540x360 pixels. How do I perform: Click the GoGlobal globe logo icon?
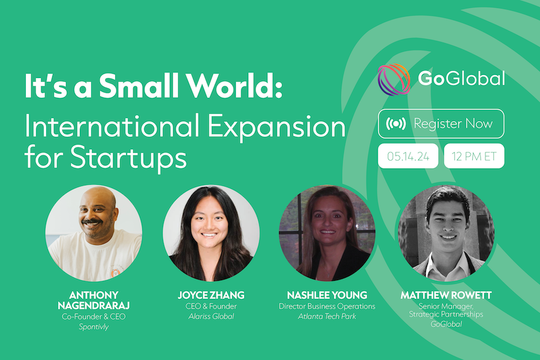(x=394, y=79)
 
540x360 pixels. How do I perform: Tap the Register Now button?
(x=441, y=124)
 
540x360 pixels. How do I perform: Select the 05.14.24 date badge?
(x=408, y=156)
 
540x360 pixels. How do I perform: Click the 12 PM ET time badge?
(x=474, y=156)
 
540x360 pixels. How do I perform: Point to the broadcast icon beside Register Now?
(x=396, y=124)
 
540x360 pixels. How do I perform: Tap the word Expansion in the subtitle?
(x=277, y=127)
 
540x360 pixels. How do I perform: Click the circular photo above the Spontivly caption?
(x=94, y=233)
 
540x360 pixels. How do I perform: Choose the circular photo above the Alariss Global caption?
(x=211, y=233)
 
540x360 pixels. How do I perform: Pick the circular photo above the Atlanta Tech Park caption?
(x=327, y=233)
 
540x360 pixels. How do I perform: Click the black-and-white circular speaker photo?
(x=446, y=233)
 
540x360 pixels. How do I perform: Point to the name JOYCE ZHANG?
(x=211, y=295)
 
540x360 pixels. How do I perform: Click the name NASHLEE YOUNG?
(x=327, y=295)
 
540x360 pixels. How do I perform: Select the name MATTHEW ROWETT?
(x=446, y=295)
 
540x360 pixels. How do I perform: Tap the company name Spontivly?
(x=94, y=326)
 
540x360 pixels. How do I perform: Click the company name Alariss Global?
(x=211, y=316)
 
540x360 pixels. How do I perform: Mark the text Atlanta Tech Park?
(x=327, y=316)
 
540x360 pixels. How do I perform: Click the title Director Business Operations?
(x=327, y=306)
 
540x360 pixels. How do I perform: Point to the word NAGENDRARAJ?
(x=94, y=305)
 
